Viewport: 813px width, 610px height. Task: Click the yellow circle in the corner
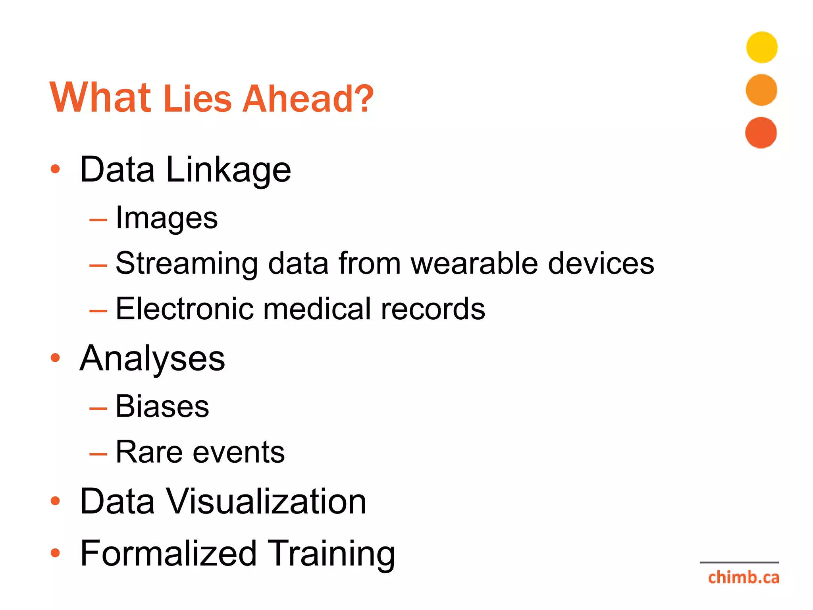pos(761,47)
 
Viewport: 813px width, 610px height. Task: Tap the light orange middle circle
pos(761,90)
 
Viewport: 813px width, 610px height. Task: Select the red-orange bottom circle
pos(761,133)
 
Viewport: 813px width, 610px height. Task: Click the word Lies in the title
pos(197,98)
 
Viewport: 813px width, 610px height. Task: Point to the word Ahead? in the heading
pos(308,98)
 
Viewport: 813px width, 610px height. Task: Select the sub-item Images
pos(167,218)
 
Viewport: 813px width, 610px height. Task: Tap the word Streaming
pos(187,264)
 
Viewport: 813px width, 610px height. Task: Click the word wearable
pos(474,263)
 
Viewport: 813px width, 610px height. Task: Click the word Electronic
pos(184,309)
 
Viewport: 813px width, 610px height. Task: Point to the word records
pos(433,309)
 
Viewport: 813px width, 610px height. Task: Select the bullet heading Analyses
pos(152,359)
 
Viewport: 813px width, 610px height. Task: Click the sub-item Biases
pos(162,406)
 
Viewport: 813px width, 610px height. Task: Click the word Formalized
pos(168,553)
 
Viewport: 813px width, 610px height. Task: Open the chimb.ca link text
pos(743,577)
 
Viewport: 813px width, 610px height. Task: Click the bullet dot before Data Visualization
pos(55,501)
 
